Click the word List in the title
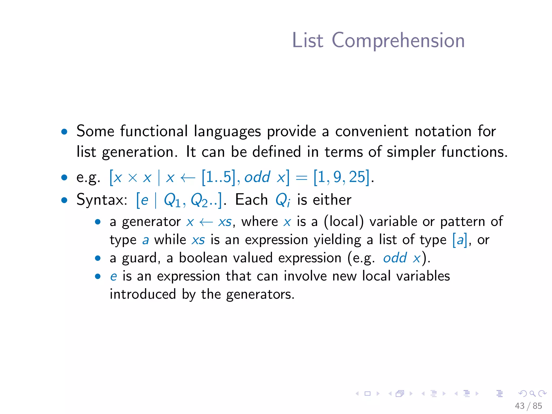tap(308, 40)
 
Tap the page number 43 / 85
tap(528, 406)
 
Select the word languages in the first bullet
tap(227, 132)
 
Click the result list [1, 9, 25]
tap(341, 177)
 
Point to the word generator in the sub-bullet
tap(151, 222)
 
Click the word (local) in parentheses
tap(344, 222)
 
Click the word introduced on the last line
tap(143, 294)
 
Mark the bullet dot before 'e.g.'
tap(64, 177)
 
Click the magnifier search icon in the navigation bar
tap(532, 394)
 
